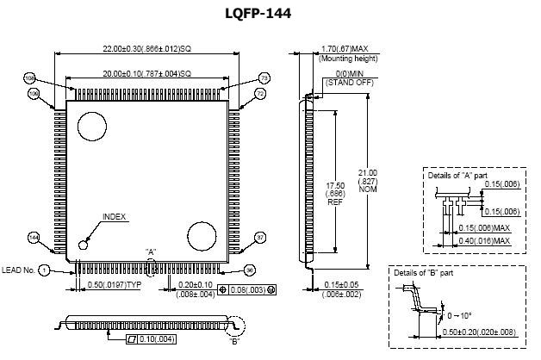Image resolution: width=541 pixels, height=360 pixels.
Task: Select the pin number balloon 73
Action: [264, 78]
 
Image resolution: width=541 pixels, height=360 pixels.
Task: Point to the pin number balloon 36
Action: [250, 270]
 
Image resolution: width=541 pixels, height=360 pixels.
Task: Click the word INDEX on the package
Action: [114, 216]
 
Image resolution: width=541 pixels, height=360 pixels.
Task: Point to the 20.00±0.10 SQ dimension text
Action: [146, 73]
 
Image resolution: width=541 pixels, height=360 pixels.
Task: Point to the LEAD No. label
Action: [18, 270]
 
